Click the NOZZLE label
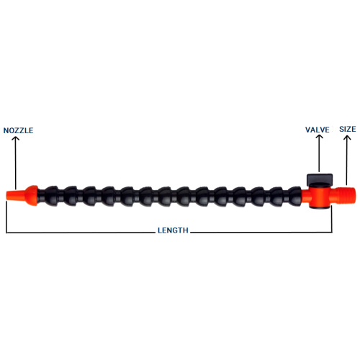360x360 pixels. tap(18, 130)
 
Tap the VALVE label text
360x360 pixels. tap(318, 130)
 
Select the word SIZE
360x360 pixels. tap(348, 129)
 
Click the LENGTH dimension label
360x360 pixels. tap(173, 230)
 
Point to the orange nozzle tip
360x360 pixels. tap(16, 194)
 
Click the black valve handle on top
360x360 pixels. tap(320, 179)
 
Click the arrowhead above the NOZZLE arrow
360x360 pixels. tap(16, 139)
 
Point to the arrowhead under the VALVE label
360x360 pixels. tap(319, 137)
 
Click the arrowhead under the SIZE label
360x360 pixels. tap(347, 138)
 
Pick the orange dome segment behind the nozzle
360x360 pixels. tap(32, 195)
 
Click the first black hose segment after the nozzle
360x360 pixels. tap(50, 196)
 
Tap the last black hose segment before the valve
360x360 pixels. tap(294, 196)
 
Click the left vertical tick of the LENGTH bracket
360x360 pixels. tap(6, 217)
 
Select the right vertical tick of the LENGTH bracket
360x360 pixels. tap(332, 219)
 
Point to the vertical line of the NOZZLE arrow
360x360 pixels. tap(16, 163)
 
